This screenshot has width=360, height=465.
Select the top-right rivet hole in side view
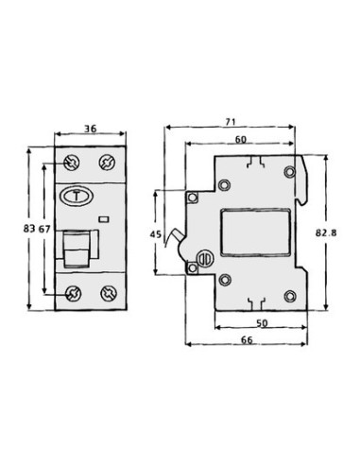coord(291,171)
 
